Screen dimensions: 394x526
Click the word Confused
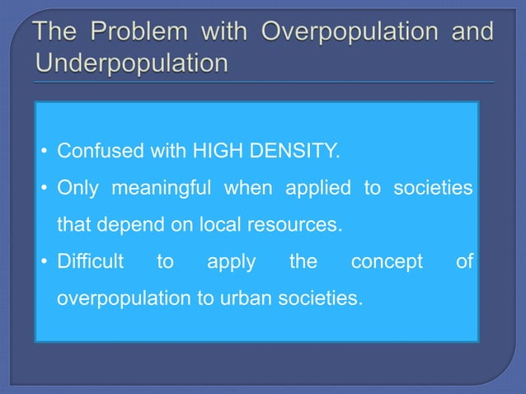[101, 152]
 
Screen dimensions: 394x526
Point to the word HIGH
[214, 152]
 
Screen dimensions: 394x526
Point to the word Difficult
[90, 261]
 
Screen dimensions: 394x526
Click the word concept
[387, 261]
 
